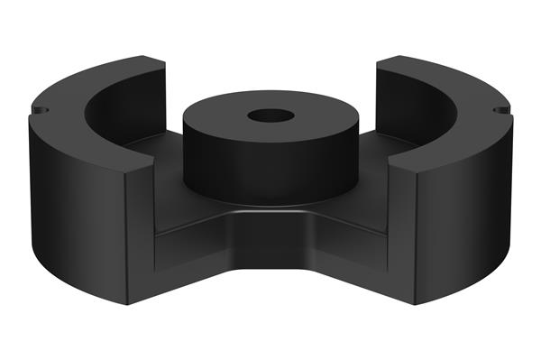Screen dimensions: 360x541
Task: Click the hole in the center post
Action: (x=270, y=116)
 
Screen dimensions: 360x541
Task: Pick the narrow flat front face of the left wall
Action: (x=141, y=235)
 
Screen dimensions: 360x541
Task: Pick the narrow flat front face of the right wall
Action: (x=402, y=235)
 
